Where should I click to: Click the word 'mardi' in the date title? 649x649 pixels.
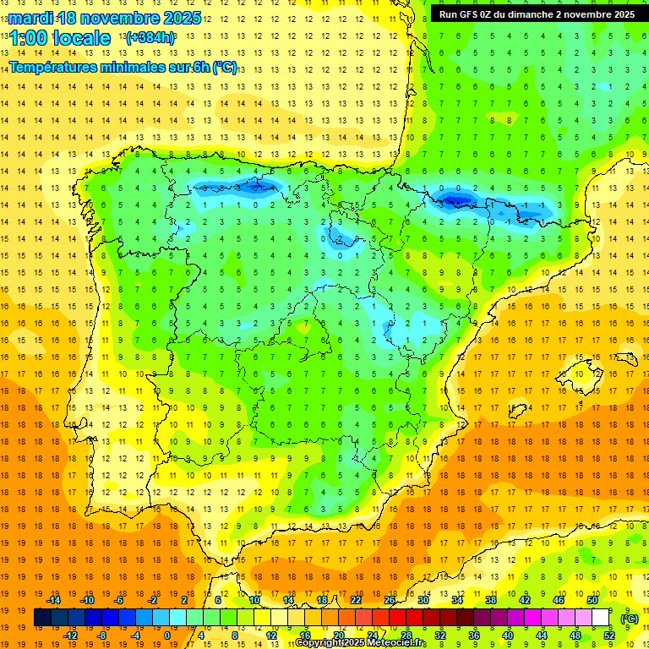tap(30, 18)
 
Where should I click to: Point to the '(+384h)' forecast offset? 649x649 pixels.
tap(151, 38)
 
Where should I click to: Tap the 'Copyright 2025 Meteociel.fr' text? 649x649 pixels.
tap(361, 643)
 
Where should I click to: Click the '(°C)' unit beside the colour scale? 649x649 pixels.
tap(629, 618)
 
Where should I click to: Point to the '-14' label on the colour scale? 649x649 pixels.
tap(54, 600)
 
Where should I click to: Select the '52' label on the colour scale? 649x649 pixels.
tap(608, 635)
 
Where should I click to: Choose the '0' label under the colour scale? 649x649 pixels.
tap(166, 635)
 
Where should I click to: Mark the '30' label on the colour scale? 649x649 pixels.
tap(423, 600)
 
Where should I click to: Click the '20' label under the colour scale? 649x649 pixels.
tap(339, 635)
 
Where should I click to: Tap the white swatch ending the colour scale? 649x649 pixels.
tap(600, 618)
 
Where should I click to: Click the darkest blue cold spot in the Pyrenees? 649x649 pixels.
tap(457, 199)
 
